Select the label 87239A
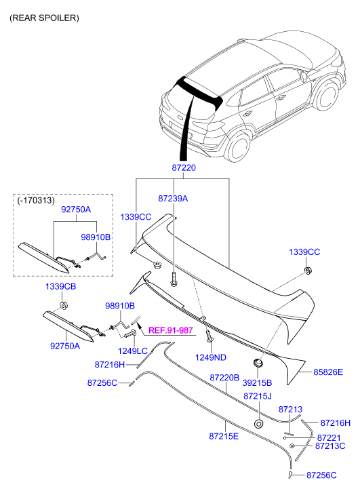pyautogui.click(x=173, y=199)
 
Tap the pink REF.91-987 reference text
pyautogui.click(x=171, y=330)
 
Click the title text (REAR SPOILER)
pyautogui.click(x=44, y=18)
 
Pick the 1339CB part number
pyautogui.click(x=60, y=288)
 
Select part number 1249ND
pyautogui.click(x=211, y=357)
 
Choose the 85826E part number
pyautogui.click(x=328, y=372)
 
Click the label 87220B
pyautogui.click(x=224, y=377)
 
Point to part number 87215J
pyautogui.click(x=257, y=395)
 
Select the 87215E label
pyautogui.click(x=224, y=437)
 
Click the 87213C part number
pyautogui.click(x=330, y=446)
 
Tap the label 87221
pyautogui.click(x=329, y=437)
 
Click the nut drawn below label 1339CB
pyautogui.click(x=63, y=305)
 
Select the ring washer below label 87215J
pyautogui.click(x=258, y=424)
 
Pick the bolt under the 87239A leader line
pyautogui.click(x=174, y=278)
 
